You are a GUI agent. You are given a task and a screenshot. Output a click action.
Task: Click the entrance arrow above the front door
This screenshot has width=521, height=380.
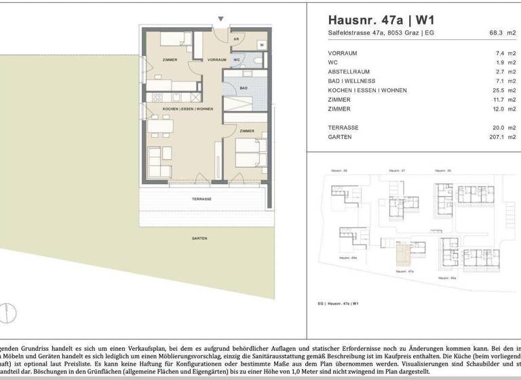pos(220,19)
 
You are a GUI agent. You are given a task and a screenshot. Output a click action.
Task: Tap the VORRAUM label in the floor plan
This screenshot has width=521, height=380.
pos(216,60)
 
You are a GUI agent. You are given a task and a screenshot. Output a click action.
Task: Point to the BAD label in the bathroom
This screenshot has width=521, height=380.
pos(243,88)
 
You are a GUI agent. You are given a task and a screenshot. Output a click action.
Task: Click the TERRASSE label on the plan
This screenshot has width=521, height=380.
pos(201,199)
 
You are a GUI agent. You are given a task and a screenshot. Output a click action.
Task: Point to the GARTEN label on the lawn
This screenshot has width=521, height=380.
pos(199,238)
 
